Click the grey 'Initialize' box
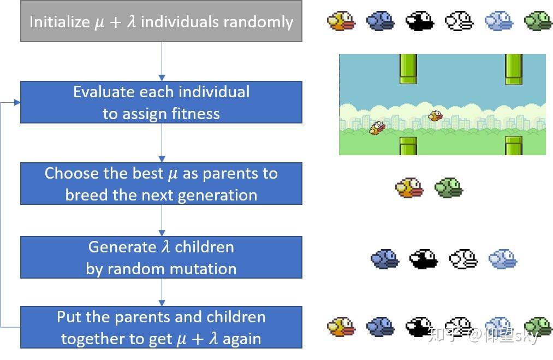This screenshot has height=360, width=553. click(x=161, y=21)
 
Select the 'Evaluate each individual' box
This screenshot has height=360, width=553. click(x=161, y=102)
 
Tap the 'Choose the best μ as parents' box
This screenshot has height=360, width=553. click(x=161, y=184)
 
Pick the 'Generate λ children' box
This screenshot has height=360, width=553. click(x=161, y=257)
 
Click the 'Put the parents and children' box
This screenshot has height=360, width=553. click(x=161, y=327)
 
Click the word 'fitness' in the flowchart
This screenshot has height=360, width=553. click(x=194, y=114)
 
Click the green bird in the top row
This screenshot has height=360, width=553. click(x=538, y=21)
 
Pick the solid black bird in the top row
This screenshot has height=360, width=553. click(x=420, y=21)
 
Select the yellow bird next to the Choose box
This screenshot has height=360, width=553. click(x=409, y=188)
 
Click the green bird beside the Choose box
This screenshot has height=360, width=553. click(x=449, y=188)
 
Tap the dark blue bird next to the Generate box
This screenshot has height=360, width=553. click(x=385, y=259)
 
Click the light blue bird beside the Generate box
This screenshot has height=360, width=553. click(x=503, y=259)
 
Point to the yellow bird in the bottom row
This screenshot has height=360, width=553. click(x=341, y=327)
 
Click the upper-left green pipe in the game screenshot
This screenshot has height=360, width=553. click(x=408, y=69)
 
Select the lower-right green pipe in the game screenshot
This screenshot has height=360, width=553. click(x=514, y=145)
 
